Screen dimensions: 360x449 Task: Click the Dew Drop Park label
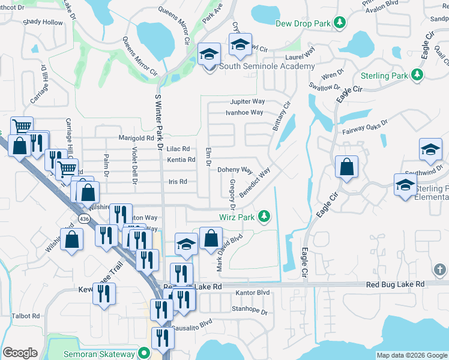(x=303, y=23)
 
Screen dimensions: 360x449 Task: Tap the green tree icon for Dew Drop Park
(x=340, y=23)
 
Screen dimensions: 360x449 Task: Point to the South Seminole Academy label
(x=267, y=66)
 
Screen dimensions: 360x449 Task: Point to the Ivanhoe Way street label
(x=244, y=112)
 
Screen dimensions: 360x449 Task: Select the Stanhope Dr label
(x=249, y=310)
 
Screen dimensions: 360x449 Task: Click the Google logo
(x=20, y=353)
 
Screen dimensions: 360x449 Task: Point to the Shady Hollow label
(x=43, y=22)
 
